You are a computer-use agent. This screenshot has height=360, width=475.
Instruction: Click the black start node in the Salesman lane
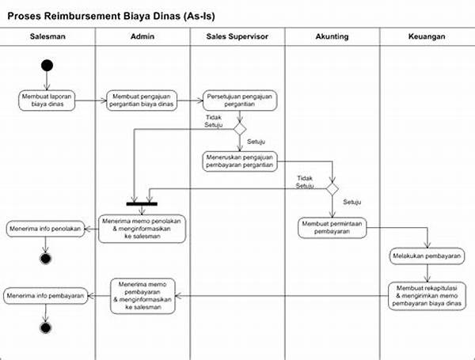(47, 65)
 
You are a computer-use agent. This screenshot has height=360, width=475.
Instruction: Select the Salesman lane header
(47, 37)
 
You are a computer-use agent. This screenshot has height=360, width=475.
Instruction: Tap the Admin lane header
(142, 37)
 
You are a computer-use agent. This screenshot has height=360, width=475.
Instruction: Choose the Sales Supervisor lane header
(237, 37)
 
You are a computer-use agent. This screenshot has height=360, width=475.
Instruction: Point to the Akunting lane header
(332, 37)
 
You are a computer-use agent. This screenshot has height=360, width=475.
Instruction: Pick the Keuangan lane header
(427, 37)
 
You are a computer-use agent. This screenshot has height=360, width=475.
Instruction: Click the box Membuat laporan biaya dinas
(47, 98)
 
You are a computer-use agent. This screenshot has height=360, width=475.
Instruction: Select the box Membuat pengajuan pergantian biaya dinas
(142, 98)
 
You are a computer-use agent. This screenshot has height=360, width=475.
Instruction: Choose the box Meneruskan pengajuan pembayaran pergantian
(238, 160)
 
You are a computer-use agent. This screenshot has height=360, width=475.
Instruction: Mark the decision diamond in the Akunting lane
(332, 189)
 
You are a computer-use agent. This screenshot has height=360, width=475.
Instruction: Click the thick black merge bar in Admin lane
(142, 202)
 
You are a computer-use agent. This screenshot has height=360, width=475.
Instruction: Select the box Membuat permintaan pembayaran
(333, 228)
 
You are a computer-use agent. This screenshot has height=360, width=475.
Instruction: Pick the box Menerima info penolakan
(46, 229)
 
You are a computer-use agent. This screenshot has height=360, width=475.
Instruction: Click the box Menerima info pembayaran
(46, 296)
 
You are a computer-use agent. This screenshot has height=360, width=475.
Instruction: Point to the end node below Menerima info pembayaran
(46, 327)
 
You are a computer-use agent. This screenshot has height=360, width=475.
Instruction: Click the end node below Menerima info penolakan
(46, 259)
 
